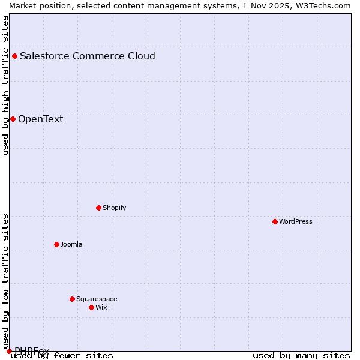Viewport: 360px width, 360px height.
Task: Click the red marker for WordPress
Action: click(x=275, y=221)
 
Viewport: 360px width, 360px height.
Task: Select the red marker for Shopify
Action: click(x=98, y=208)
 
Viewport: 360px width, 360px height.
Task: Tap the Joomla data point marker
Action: click(x=56, y=244)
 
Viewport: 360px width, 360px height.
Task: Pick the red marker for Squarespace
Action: click(x=72, y=299)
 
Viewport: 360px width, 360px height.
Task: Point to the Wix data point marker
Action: click(x=91, y=307)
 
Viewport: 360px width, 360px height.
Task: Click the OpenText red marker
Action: click(x=13, y=119)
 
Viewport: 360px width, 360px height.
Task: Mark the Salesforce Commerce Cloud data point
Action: click(x=14, y=56)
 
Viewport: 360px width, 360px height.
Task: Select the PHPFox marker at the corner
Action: click(x=9, y=351)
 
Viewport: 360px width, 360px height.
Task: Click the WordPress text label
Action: click(x=296, y=221)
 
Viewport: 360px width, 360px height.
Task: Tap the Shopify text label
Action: click(x=114, y=208)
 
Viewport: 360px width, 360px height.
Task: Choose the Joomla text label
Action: click(x=71, y=244)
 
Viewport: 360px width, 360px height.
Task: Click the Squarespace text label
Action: click(x=97, y=299)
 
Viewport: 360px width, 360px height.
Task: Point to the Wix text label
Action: click(x=101, y=307)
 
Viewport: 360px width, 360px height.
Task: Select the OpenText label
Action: click(x=40, y=119)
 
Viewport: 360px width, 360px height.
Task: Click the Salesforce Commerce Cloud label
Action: click(x=88, y=56)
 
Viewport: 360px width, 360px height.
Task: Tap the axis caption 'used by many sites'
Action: click(x=301, y=356)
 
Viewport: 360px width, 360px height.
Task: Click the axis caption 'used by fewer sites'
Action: click(x=62, y=356)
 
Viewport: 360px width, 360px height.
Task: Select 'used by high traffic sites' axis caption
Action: click(x=5, y=85)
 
